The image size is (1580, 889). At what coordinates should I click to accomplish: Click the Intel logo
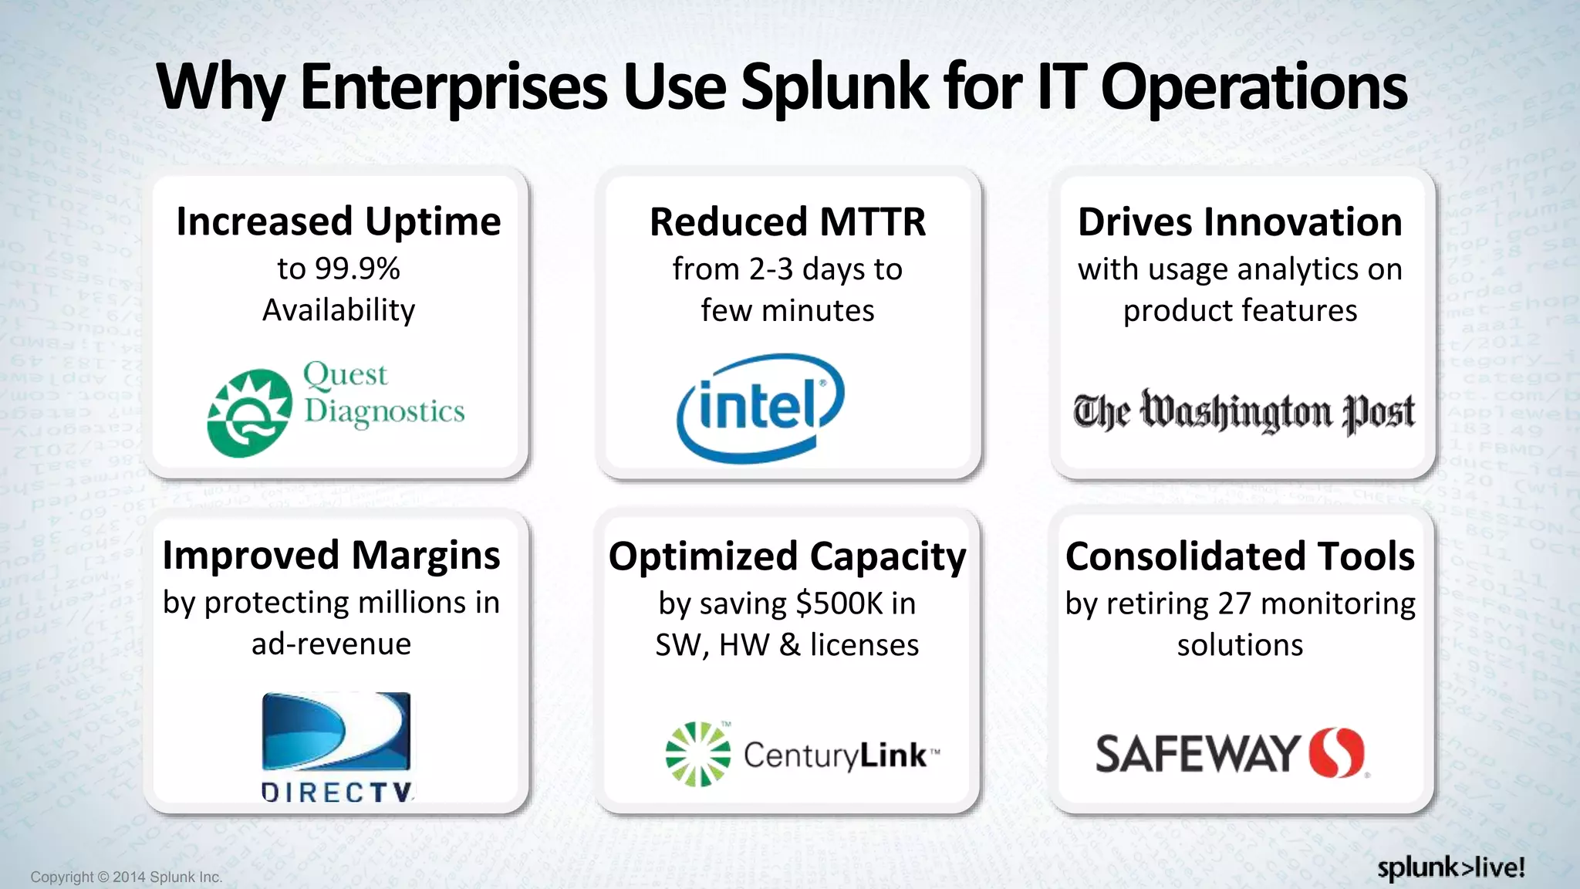click(761, 407)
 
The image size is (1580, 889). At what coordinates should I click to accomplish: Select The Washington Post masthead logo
click(1244, 411)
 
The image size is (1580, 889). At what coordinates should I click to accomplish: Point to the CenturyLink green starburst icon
click(697, 754)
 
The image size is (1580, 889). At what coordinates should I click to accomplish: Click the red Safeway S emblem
click(1336, 752)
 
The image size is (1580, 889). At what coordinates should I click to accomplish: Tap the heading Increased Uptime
click(339, 221)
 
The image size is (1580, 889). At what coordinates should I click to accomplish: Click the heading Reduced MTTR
click(788, 222)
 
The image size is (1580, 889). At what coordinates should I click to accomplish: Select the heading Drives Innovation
click(1240, 222)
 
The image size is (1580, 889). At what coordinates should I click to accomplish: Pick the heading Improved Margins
click(331, 556)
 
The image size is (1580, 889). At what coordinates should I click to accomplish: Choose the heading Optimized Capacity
click(787, 556)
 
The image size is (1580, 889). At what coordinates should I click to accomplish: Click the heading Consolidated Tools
click(1240, 556)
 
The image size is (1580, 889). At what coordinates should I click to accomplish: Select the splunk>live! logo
click(1450, 867)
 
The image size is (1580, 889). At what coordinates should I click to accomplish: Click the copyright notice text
click(127, 877)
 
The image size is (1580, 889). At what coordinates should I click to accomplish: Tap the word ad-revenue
click(331, 644)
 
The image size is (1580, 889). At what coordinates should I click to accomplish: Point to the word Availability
click(339, 310)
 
